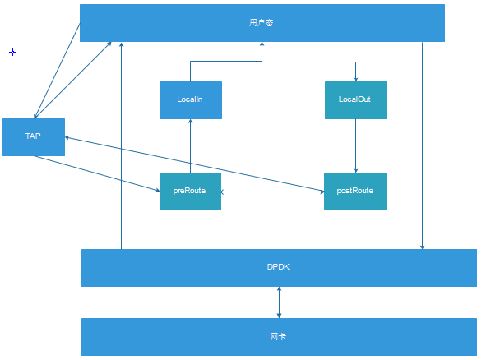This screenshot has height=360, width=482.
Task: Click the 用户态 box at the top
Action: tap(262, 23)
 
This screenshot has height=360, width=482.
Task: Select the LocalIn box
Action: tap(190, 99)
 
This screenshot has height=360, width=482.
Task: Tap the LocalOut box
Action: tap(355, 99)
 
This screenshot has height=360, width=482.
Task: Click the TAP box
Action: tap(33, 136)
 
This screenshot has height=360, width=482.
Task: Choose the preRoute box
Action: tap(190, 191)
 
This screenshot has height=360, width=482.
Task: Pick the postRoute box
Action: tap(355, 191)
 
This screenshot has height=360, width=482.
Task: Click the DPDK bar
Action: tap(279, 267)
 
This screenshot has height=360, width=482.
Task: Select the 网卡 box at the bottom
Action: tap(279, 337)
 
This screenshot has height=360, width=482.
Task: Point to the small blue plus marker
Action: tap(12, 52)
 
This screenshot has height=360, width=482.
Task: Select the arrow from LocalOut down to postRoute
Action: tap(355, 146)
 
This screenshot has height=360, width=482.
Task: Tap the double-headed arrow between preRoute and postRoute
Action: tap(272, 192)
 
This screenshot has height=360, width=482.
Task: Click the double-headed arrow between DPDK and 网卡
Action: tap(280, 302)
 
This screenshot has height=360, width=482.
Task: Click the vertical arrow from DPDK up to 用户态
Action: tap(121, 148)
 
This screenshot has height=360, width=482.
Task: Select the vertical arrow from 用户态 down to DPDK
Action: tap(422, 148)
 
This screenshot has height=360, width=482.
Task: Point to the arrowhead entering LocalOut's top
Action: tap(355, 78)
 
